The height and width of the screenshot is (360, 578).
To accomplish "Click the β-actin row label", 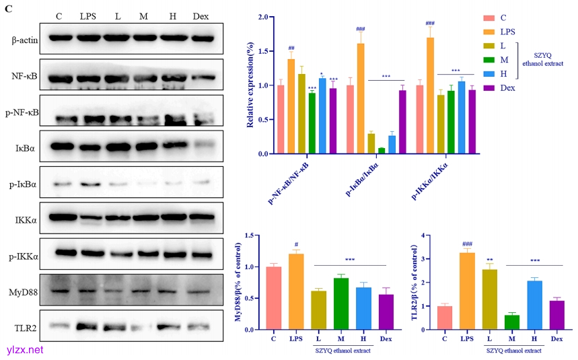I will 24,40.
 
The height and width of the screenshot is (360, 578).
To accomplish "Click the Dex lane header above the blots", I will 201,15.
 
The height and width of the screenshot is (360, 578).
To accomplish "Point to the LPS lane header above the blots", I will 87,15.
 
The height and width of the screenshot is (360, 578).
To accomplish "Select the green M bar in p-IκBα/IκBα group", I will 382,151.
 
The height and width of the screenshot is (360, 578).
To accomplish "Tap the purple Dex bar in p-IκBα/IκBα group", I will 402,122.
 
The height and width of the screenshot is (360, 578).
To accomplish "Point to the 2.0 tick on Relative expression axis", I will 262,17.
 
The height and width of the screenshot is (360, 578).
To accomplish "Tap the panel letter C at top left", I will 8,8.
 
